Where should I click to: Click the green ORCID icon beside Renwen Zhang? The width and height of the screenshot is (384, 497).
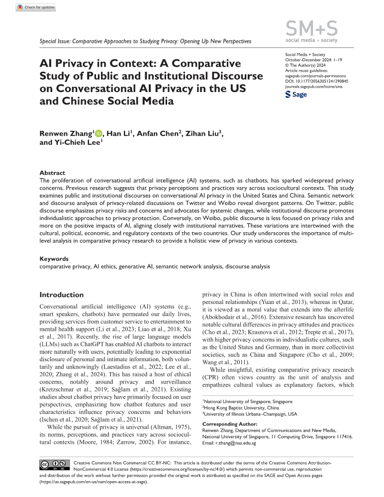98,133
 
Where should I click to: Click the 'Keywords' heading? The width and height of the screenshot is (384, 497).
54,259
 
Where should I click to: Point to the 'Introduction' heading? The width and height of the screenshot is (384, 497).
62,295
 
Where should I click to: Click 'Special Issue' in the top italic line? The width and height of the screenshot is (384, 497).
54,41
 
